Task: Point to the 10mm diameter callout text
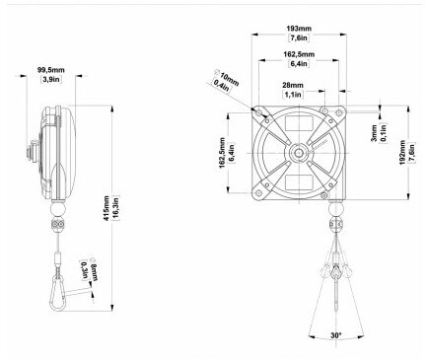(226, 76)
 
